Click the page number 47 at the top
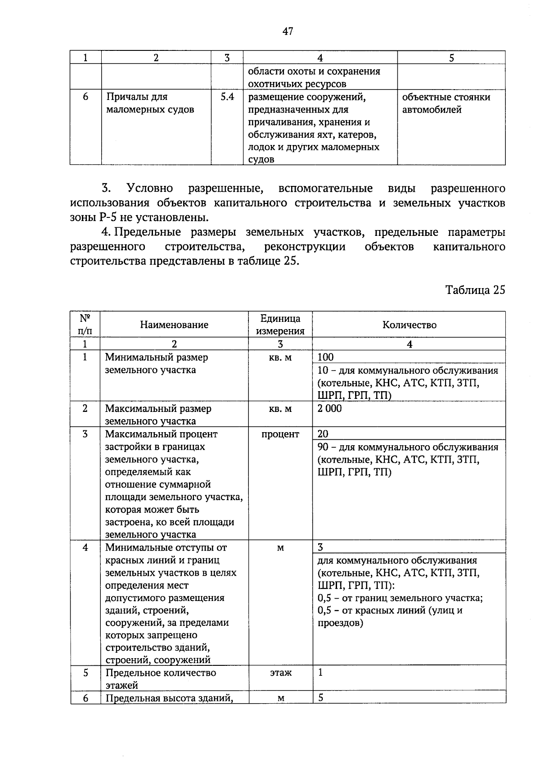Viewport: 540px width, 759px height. tap(288, 31)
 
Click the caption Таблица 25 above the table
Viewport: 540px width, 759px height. tap(475, 289)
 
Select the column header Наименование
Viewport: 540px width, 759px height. tap(174, 325)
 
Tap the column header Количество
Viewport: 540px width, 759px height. tap(409, 325)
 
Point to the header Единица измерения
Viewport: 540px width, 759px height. tap(280, 325)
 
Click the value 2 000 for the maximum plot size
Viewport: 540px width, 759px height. tap(329, 408)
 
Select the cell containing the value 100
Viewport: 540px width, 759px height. tap(325, 357)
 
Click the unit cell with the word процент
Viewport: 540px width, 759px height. tap(280, 434)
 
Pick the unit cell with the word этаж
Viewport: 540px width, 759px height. tap(280, 673)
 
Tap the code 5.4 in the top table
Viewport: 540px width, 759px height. tap(227, 96)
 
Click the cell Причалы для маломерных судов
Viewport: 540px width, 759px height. tap(150, 103)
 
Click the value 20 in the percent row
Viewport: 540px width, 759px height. tap(323, 434)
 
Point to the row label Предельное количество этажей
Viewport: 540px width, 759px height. tap(160, 678)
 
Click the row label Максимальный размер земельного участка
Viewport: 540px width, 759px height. tap(158, 415)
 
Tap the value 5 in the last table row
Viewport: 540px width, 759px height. tap(320, 698)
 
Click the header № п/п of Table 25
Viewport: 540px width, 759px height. tap(85, 325)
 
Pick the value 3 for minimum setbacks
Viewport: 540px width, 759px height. tap(320, 547)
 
